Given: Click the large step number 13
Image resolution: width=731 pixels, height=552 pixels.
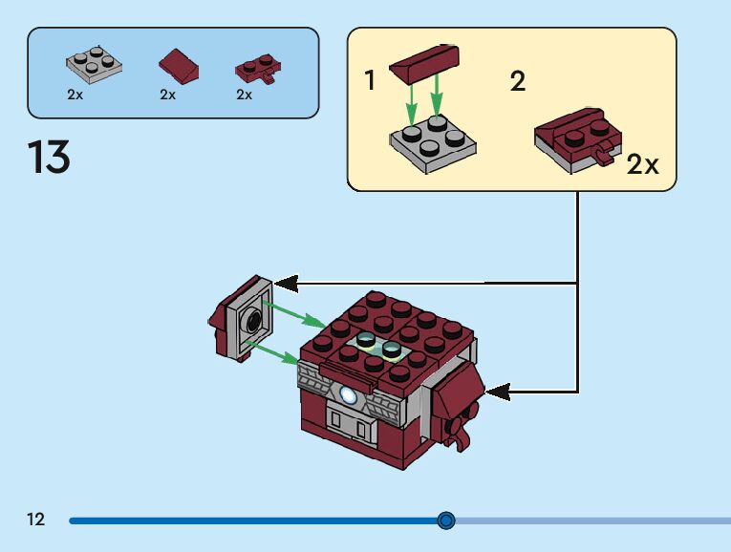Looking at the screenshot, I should tap(49, 157).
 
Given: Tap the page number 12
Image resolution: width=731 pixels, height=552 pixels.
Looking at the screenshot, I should tap(35, 520).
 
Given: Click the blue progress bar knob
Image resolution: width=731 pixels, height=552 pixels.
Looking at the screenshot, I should tap(445, 520).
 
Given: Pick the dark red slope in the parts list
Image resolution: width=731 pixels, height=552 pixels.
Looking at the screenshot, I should tap(180, 67).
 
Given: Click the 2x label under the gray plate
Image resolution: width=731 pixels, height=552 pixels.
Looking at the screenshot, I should tap(75, 95).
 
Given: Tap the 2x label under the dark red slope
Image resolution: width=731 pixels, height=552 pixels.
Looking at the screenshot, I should tap(168, 95).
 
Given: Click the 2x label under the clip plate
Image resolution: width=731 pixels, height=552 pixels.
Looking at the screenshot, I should tap(244, 95).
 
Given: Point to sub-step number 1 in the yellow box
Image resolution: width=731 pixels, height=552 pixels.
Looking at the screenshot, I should tap(371, 80).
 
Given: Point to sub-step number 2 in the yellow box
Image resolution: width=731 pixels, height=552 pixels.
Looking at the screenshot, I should tap(518, 80).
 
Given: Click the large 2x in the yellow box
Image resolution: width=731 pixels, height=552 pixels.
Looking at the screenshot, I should tap(643, 164).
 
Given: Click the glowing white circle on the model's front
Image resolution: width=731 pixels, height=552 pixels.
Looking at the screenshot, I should tap(348, 392).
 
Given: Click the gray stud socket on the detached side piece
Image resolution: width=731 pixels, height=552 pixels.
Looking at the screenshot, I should tap(253, 321).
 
